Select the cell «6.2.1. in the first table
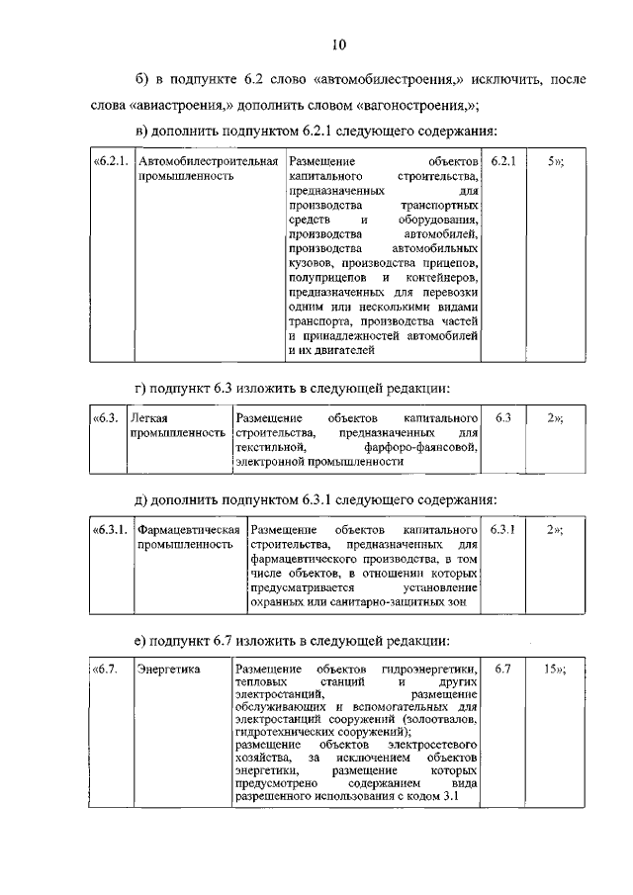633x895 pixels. click(x=111, y=160)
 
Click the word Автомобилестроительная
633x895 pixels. click(x=207, y=160)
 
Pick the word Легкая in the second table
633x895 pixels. click(x=149, y=418)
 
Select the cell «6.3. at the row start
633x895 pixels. click(x=106, y=418)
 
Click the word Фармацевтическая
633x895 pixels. click(x=189, y=530)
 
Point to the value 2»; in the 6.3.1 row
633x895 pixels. click(x=555, y=530)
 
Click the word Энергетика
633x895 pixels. click(x=168, y=670)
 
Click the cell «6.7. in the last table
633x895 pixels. click(x=106, y=670)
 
